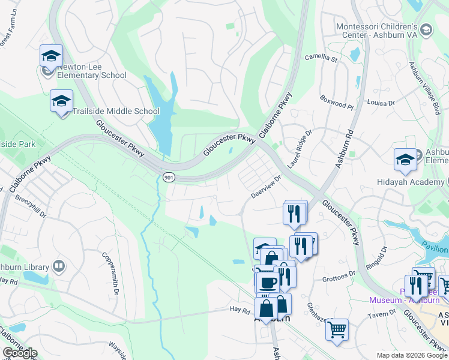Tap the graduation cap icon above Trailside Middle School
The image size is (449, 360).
coord(61,101)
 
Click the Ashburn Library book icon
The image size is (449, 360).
coord(59,266)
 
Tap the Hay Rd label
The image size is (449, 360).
coord(240,310)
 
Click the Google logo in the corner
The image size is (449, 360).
coord(19,352)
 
